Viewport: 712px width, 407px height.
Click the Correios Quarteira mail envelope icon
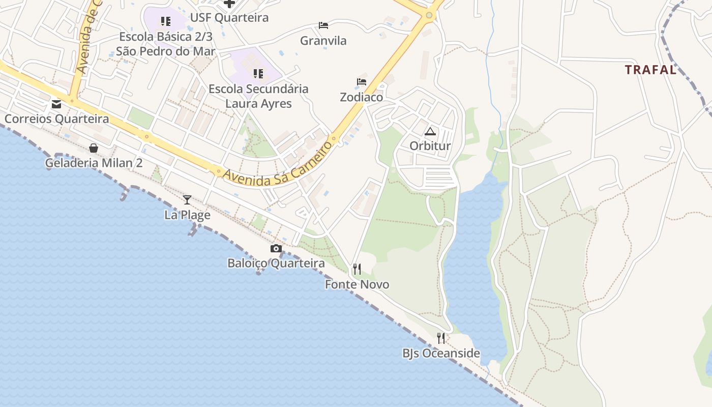56,104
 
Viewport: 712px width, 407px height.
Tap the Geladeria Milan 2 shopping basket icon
94,148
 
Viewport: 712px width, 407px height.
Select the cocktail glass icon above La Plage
187,199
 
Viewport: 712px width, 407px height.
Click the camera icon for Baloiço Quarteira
276,248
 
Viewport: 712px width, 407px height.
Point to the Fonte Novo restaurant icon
357,269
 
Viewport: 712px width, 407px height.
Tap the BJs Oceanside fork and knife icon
441,338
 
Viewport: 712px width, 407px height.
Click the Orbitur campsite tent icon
430,132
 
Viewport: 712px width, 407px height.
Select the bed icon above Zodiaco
362,82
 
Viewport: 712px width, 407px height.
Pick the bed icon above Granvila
323,25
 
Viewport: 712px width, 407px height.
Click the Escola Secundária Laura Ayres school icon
258,74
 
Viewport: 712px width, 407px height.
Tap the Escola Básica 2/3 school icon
165,21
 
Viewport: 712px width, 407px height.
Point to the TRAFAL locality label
650,70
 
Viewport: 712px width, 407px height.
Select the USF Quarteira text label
229,18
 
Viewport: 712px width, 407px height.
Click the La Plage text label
187,215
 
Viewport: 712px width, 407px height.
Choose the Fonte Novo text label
357,284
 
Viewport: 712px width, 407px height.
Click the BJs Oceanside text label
441,353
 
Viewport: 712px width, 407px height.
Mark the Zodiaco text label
362,97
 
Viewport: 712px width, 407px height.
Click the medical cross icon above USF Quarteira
229,4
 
